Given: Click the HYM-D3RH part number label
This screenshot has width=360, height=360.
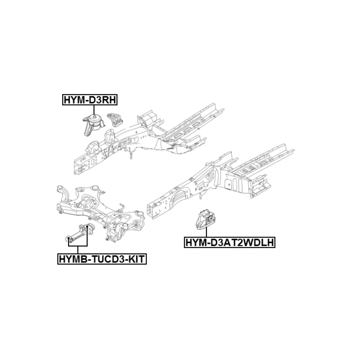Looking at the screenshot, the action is [x=90, y=100].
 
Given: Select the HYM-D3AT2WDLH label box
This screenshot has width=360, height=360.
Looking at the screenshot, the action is [x=230, y=242].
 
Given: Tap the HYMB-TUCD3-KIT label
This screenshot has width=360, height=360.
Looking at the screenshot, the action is [x=102, y=259].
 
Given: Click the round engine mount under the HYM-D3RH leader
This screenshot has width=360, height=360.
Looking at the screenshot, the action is [x=93, y=125].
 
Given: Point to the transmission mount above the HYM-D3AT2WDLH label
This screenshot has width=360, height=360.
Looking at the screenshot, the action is [x=206, y=220].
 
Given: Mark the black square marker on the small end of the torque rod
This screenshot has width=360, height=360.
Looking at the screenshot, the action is [x=68, y=238].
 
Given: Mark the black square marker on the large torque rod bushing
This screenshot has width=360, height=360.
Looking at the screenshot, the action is [x=87, y=227].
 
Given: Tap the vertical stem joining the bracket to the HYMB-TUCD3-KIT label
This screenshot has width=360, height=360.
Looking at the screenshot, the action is [x=78, y=250].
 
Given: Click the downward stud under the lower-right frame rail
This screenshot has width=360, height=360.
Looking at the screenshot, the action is [x=200, y=195].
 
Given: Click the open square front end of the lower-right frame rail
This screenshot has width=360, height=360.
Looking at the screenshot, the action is [x=150, y=211].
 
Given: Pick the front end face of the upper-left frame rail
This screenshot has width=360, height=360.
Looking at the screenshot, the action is [x=77, y=166].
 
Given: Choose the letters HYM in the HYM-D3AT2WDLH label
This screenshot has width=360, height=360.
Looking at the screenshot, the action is [x=195, y=242].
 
